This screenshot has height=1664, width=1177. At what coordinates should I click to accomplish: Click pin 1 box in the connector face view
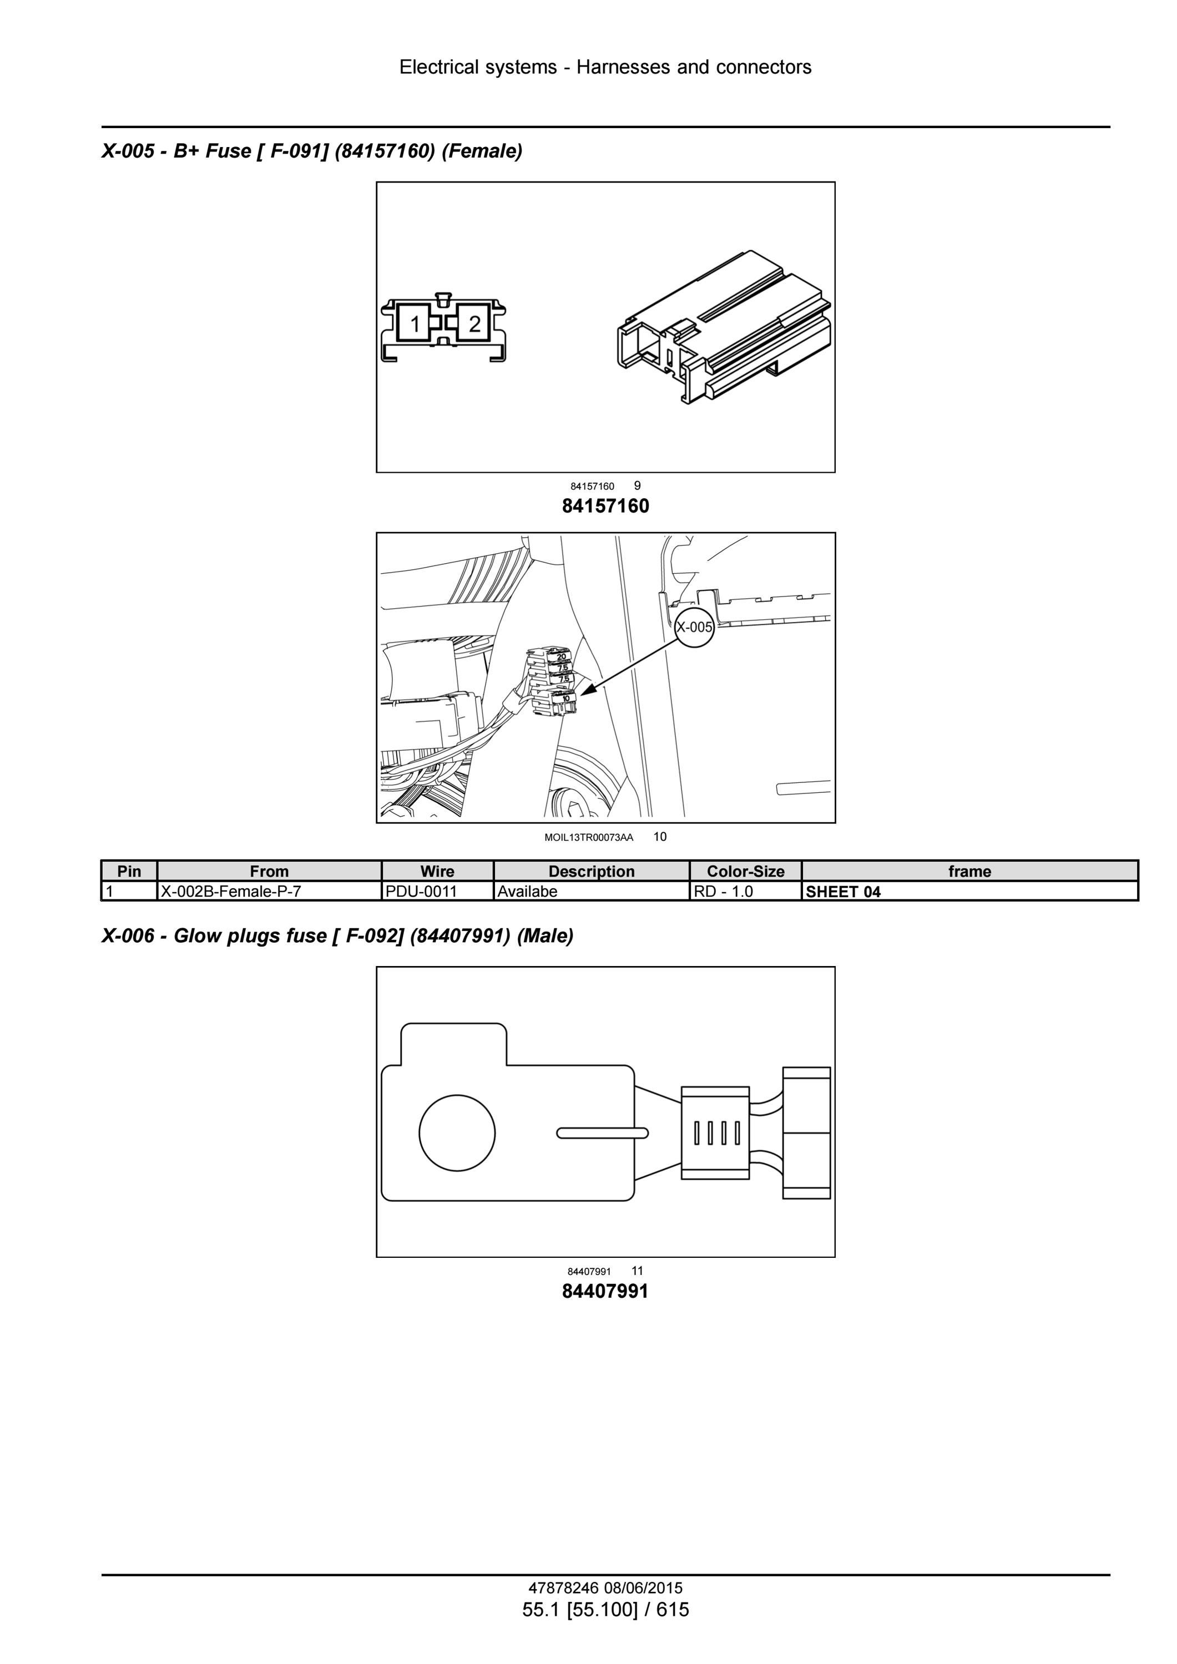[414, 323]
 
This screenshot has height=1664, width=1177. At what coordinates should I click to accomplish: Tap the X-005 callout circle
[694, 628]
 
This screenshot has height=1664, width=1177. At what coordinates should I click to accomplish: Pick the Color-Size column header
[746, 871]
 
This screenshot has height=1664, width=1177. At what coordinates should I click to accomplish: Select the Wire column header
[438, 871]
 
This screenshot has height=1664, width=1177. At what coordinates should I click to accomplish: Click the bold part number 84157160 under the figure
[606, 506]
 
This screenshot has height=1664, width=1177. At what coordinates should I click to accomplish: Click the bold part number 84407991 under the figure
[606, 1291]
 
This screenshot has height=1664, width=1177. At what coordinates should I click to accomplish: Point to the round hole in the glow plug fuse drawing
[457, 1132]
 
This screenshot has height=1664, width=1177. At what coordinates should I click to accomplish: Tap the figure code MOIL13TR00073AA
[588, 838]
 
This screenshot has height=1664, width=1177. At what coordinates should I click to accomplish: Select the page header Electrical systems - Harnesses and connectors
[605, 67]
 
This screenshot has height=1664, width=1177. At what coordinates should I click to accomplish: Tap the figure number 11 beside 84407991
[637, 1271]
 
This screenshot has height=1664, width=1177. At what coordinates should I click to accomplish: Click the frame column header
[969, 871]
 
